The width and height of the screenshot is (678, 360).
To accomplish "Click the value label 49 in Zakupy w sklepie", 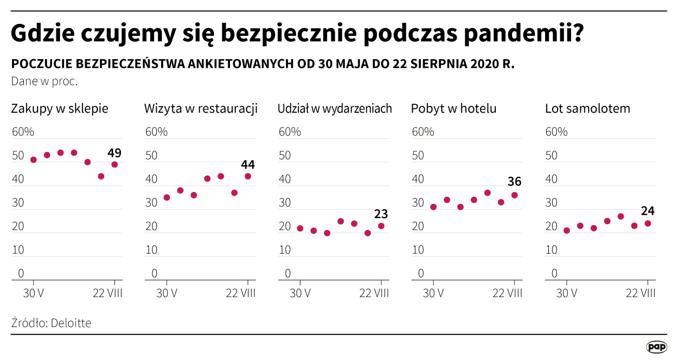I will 114,153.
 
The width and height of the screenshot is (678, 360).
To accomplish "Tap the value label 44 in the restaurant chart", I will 248,164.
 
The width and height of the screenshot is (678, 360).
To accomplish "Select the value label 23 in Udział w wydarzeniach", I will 381,214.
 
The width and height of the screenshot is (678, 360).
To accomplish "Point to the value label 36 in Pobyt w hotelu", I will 515,182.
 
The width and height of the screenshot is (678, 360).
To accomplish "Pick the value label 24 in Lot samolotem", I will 648,211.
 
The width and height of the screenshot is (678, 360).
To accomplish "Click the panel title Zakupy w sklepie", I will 60,108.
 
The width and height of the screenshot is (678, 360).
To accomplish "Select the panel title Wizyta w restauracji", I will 201,108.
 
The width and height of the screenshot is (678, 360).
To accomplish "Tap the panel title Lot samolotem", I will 587,108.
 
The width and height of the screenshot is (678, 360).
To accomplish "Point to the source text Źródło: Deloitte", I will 51,323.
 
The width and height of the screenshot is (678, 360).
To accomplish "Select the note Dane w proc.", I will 44,81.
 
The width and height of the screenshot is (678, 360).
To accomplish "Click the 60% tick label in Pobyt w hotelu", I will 423,132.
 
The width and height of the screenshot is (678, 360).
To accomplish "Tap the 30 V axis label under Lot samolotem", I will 567,293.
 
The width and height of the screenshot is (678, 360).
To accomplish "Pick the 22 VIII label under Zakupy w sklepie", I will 107,293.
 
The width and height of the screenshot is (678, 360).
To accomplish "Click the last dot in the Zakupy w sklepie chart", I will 114,164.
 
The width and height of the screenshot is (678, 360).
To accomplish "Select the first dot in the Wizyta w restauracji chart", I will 167,197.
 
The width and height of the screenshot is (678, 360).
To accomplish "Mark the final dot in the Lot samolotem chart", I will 648,223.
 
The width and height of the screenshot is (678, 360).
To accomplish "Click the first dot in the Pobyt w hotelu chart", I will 433,207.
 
